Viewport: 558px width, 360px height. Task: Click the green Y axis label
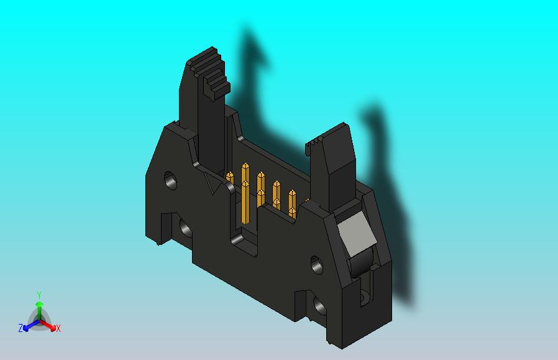pos(39,295)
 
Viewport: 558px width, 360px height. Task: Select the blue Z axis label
pos(21,328)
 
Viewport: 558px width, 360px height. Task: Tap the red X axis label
pos(58,328)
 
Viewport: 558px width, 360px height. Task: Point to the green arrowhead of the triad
pos(39,305)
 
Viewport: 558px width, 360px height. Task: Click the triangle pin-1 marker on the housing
pos(213,184)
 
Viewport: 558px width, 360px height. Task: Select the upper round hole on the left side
pos(170,181)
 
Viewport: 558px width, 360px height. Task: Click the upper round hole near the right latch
pos(316,264)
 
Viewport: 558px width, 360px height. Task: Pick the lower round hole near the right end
pos(321,307)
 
